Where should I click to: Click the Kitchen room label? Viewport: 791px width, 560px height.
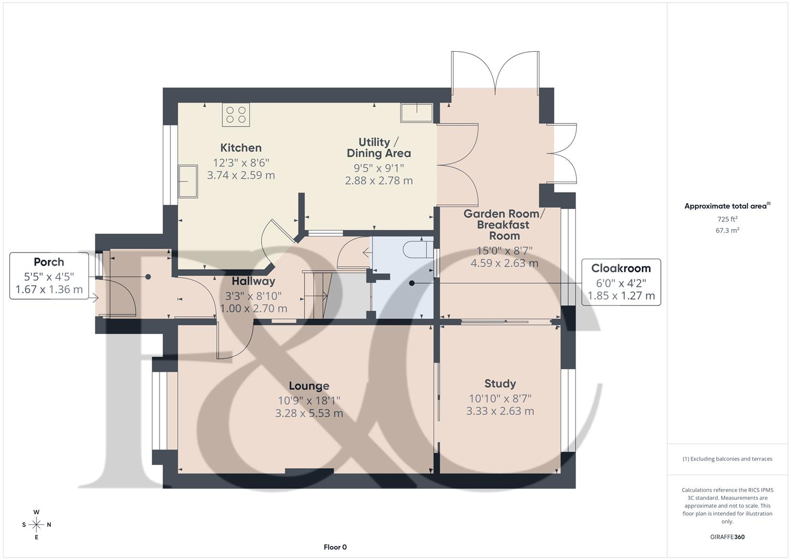[x=241, y=148]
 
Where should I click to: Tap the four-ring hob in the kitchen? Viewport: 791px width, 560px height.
[x=236, y=115]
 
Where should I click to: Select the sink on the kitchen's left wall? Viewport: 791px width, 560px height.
[x=188, y=181]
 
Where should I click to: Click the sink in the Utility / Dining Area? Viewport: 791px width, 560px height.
[x=416, y=113]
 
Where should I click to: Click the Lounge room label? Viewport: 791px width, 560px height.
[x=309, y=386]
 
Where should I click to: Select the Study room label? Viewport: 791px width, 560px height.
[x=500, y=384]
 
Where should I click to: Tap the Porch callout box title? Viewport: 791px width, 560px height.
[x=49, y=262]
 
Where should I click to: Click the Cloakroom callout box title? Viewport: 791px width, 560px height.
[x=621, y=268]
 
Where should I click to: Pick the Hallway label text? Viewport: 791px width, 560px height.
[x=253, y=281]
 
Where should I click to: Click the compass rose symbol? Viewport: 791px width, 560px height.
[x=36, y=525]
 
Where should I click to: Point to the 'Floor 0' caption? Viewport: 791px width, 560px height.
[x=335, y=547]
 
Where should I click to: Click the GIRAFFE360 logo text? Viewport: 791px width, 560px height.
[x=727, y=537]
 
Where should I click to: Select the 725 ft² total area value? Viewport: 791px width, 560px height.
[x=727, y=219]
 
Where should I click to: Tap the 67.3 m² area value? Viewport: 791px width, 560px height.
[x=727, y=231]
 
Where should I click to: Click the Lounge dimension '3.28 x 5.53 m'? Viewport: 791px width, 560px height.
[x=309, y=413]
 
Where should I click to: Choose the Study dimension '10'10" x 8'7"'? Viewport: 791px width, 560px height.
[x=500, y=398]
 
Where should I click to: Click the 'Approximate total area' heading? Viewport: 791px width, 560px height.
[x=727, y=206]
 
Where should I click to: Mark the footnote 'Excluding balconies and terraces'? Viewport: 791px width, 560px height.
[x=727, y=459]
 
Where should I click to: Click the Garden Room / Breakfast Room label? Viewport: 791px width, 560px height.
[x=504, y=225]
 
